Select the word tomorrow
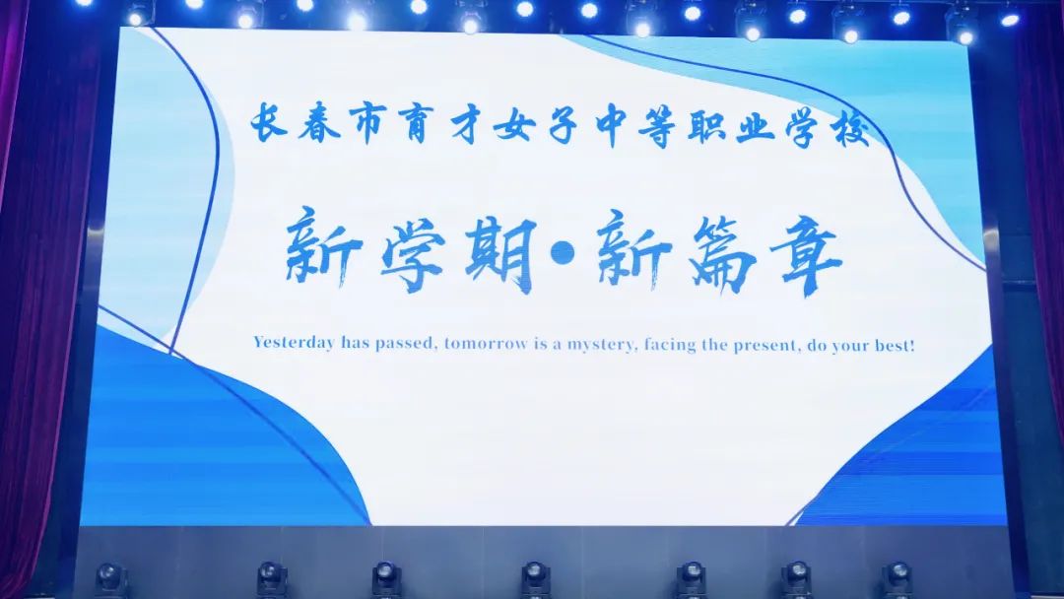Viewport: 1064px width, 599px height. click(x=486, y=344)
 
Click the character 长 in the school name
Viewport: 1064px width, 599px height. click(x=268, y=122)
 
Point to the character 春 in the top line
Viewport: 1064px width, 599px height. click(x=318, y=122)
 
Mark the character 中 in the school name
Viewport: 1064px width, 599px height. click(x=612, y=125)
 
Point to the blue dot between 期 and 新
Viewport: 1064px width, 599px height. click(x=564, y=254)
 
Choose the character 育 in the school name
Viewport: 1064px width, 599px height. click(x=417, y=123)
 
